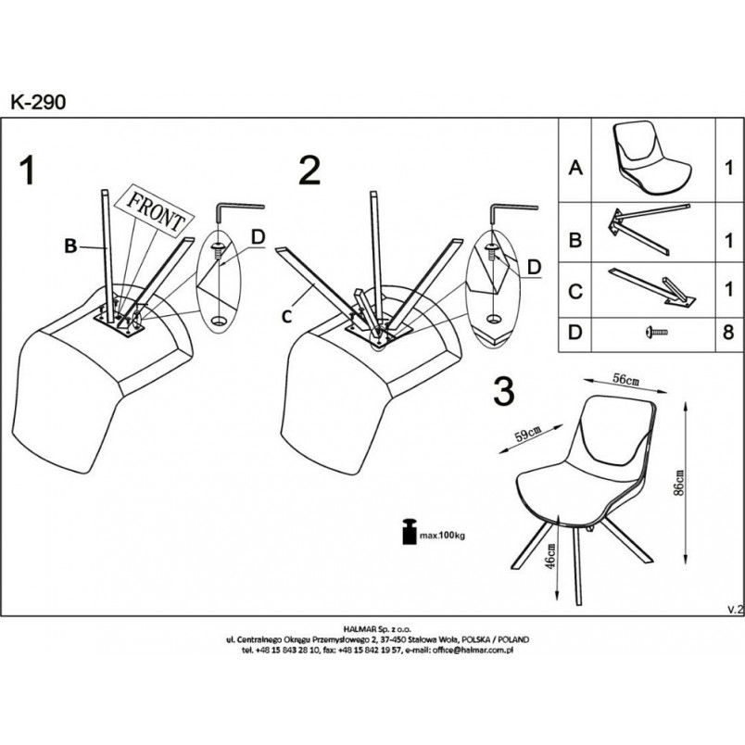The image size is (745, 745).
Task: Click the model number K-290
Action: point(39,102)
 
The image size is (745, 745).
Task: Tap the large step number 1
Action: point(28,171)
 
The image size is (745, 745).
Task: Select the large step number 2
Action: point(309,171)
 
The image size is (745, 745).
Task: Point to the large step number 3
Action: point(504,392)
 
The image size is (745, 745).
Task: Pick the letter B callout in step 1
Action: point(70,246)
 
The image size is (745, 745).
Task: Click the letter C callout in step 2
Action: point(286,316)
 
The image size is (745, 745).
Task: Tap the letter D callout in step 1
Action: point(258,237)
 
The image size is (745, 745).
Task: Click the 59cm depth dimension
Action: point(529,434)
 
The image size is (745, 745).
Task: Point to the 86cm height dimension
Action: point(679,483)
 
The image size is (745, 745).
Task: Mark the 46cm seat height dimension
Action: point(549,555)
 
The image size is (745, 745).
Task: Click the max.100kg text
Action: point(442,536)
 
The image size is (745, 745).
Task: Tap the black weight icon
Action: point(409,531)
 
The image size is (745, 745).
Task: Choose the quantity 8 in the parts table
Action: point(728,332)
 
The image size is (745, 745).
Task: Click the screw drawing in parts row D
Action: point(657,332)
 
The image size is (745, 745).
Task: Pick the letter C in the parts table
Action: point(575,291)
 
